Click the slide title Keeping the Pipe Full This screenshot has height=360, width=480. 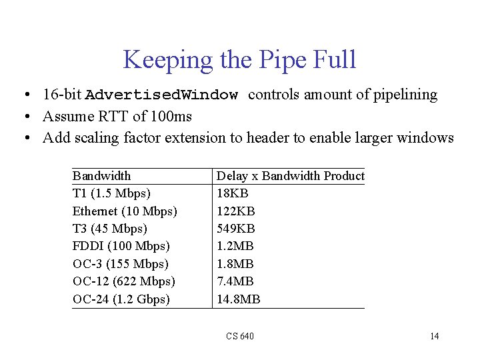pyautogui.click(x=239, y=60)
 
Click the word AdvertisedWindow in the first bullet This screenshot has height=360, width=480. pyautogui.click(x=161, y=95)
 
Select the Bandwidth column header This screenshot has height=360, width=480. pyautogui.click(x=101, y=176)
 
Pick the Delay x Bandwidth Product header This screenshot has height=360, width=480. pyautogui.click(x=291, y=176)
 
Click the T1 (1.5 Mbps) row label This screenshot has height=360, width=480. pyautogui.click(x=111, y=193)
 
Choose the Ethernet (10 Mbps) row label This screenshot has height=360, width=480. pyautogui.click(x=125, y=211)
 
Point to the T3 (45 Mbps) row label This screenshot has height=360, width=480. pyautogui.click(x=110, y=229)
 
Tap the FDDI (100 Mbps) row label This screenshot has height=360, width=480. pyautogui.click(x=121, y=246)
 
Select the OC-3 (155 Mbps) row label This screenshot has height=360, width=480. pyautogui.click(x=120, y=264)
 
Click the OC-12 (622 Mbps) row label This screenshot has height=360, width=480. pyautogui.click(x=123, y=281)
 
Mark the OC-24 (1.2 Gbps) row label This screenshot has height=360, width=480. pyautogui.click(x=121, y=299)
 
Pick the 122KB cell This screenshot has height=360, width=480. pyautogui.click(x=236, y=211)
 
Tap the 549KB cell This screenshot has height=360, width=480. pyautogui.click(x=236, y=229)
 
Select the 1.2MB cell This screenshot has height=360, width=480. pyautogui.click(x=235, y=246)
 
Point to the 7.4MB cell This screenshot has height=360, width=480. pyautogui.click(x=235, y=281)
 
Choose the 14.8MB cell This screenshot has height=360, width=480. pyautogui.click(x=239, y=299)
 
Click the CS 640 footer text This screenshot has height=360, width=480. pyautogui.click(x=239, y=336)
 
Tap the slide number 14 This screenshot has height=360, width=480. pyautogui.click(x=434, y=336)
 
